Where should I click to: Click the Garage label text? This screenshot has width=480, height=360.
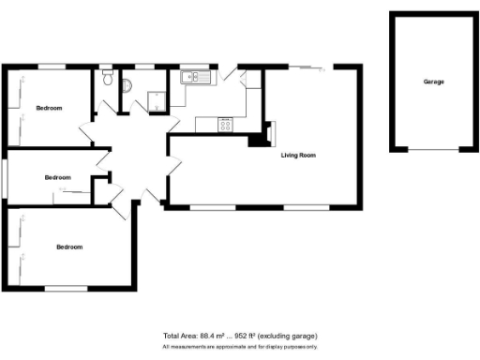(433, 82)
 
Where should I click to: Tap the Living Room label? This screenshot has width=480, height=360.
(298, 155)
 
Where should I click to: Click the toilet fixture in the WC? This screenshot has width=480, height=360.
(109, 82)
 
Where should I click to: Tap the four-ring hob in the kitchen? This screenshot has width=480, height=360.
(226, 123)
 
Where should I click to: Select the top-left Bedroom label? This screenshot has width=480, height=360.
(49, 109)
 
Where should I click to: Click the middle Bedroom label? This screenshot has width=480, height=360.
(57, 176)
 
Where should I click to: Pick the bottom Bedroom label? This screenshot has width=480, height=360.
(69, 247)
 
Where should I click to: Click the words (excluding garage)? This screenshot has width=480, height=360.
(290, 336)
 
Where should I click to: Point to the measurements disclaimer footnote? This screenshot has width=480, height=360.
(240, 346)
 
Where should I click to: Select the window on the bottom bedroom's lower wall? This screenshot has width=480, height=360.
(66, 287)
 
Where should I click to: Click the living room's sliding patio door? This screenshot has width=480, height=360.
(305, 67)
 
